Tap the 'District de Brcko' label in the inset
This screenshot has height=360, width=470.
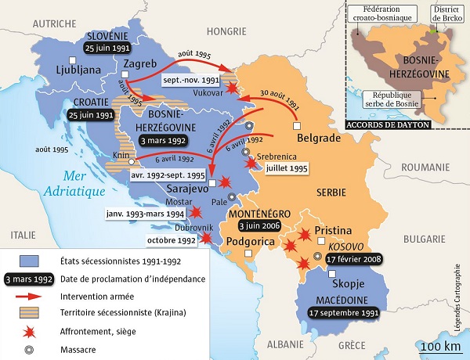(x=444, y=14)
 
